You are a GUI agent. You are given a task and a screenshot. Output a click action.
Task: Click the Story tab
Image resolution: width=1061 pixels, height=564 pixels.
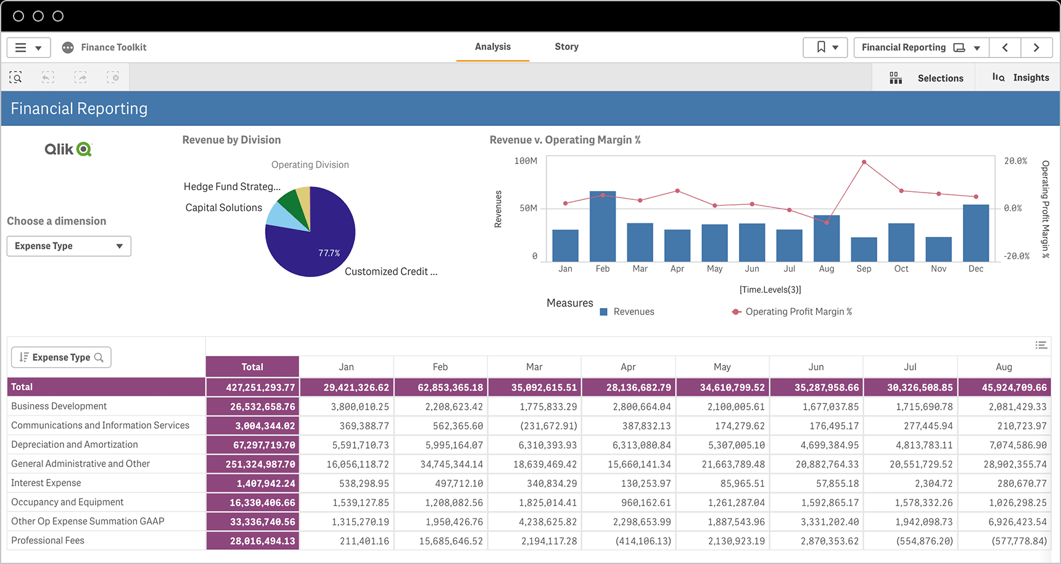click(566, 47)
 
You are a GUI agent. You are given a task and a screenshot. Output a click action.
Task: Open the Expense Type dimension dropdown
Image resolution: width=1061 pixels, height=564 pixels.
click(69, 246)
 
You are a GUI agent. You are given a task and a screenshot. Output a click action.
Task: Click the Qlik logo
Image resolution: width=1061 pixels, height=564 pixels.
click(68, 149)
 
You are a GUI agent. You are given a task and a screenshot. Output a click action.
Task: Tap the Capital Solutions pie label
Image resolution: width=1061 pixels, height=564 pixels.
click(223, 208)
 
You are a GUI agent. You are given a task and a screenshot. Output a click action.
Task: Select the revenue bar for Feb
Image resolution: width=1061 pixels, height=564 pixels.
click(603, 227)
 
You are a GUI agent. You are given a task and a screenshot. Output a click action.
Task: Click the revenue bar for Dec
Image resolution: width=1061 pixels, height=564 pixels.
click(976, 233)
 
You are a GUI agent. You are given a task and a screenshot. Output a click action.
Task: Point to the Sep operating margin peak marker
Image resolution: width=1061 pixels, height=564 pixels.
click(864, 162)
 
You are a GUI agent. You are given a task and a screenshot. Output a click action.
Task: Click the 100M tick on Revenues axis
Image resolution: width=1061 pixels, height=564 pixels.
click(526, 161)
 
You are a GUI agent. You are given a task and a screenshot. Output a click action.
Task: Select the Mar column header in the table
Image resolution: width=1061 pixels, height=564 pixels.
click(534, 367)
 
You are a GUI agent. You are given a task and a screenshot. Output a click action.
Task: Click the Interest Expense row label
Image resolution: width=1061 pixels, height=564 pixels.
click(46, 483)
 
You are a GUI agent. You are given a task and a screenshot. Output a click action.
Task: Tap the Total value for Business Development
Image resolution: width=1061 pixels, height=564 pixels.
click(262, 407)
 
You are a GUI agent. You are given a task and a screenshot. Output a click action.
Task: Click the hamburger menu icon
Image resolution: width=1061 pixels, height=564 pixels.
click(21, 48)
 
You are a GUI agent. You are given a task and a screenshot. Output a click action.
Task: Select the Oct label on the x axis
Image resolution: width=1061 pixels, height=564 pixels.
click(901, 269)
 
